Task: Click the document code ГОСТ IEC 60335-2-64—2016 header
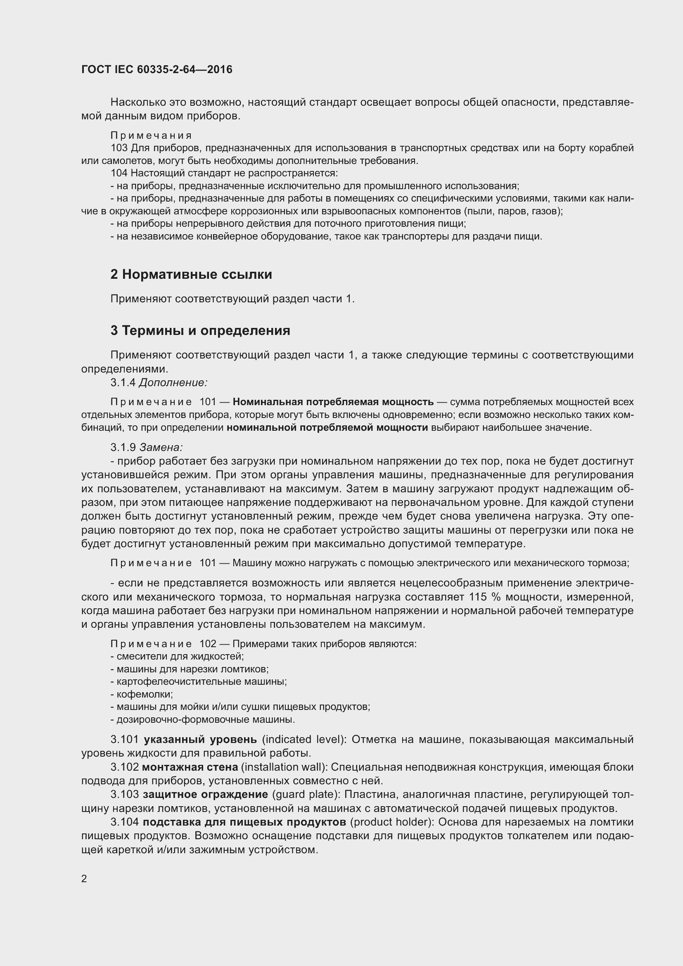[x=157, y=70]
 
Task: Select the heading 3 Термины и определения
[x=200, y=330]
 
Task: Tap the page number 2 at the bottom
[x=84, y=878]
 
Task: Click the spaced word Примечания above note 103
[x=151, y=135]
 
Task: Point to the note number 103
[x=119, y=148]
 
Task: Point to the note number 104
[x=119, y=173]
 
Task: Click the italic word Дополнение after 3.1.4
[x=173, y=382]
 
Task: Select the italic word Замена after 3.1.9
[x=161, y=447]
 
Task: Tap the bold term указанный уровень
[x=200, y=739]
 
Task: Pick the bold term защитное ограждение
[x=205, y=794]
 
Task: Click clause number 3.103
[x=124, y=794]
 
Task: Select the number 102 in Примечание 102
[x=208, y=644]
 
